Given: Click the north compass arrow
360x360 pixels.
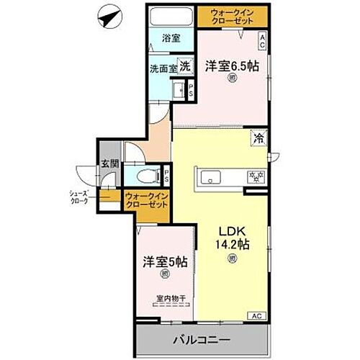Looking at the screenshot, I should click(x=108, y=15).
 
